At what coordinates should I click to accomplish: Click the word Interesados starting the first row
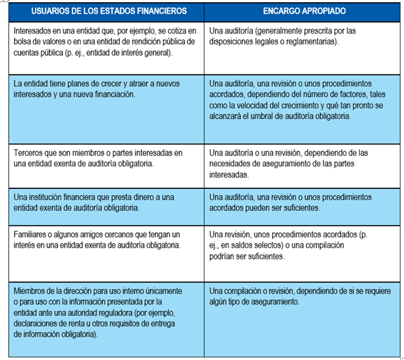pyautogui.click(x=35, y=31)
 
